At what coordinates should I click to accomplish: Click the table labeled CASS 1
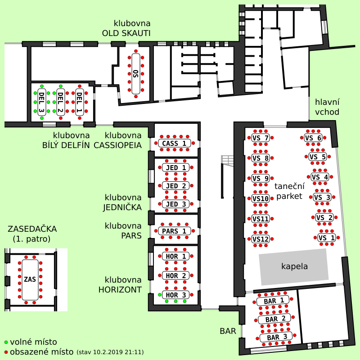175,143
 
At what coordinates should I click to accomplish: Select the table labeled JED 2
175,186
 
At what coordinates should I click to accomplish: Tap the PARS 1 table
175,231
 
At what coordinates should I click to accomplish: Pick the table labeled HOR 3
175,295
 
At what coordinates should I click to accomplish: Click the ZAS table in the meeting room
30,279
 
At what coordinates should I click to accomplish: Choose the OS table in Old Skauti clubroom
136,74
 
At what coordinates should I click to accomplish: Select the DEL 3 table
41,102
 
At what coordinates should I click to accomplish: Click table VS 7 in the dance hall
261,138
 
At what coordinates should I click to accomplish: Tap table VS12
261,239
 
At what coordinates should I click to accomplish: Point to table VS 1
327,238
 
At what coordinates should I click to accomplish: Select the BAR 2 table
274,319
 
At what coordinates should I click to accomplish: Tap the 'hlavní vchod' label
327,107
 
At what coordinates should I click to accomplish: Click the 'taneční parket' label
289,191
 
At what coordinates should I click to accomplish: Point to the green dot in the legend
6,342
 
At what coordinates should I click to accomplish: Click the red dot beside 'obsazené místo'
6,352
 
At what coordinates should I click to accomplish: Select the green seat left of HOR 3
160,295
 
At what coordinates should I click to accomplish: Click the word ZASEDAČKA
32,229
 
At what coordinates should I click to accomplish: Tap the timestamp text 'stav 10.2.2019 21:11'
110,352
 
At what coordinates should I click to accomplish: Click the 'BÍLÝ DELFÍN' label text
66,145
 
